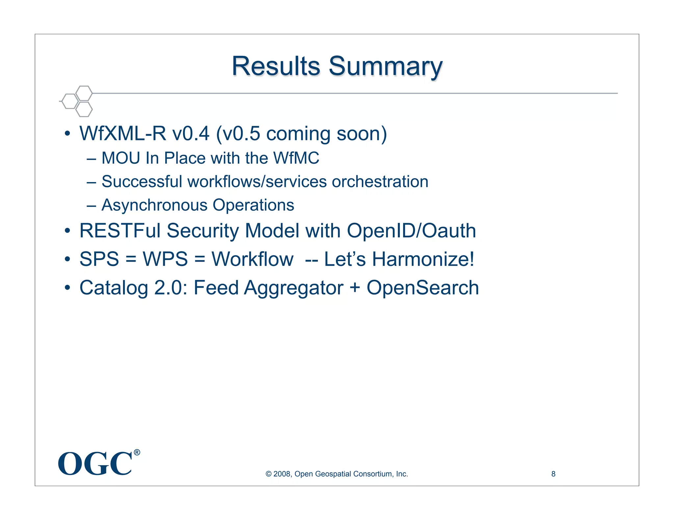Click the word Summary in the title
click(x=385, y=67)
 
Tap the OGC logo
click(x=95, y=464)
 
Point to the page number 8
click(x=553, y=474)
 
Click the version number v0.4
click(x=191, y=134)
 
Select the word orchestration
click(x=380, y=182)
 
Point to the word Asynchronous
click(x=154, y=205)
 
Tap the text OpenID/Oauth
click(x=411, y=231)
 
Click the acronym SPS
click(x=99, y=259)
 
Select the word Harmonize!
click(x=423, y=259)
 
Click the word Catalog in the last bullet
click(x=114, y=288)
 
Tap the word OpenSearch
click(x=423, y=288)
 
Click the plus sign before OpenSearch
click(x=355, y=288)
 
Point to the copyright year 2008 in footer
click(x=281, y=474)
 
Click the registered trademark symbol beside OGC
click(x=137, y=453)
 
